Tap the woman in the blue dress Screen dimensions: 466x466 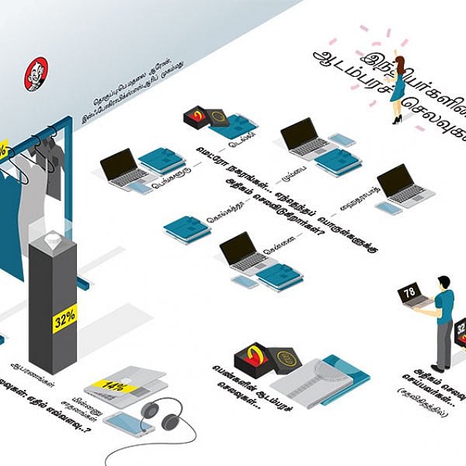click(398, 89)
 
